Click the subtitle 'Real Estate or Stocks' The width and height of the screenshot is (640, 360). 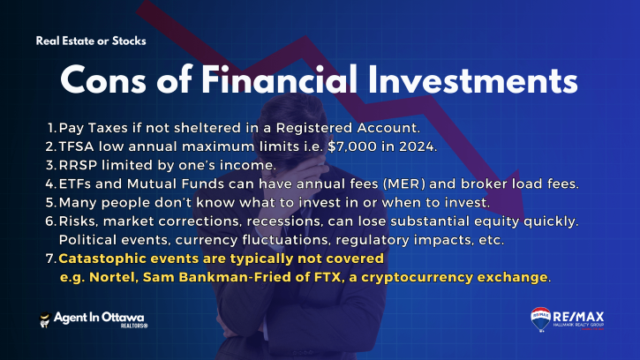coord(91,41)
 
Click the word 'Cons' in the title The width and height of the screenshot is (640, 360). coord(103,80)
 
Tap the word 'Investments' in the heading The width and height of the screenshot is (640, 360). coord(472,80)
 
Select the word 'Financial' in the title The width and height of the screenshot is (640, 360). coord(279,79)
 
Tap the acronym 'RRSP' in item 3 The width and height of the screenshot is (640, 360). coord(78,165)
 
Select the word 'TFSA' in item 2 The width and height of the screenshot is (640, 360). coord(77,146)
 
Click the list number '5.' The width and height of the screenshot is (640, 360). coord(51,202)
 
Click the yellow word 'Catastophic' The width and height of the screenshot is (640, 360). coord(102,259)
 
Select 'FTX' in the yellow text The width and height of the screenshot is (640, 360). coord(328,277)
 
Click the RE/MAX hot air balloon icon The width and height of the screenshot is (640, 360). coord(540,319)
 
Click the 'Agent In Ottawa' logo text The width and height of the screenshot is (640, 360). coord(99,318)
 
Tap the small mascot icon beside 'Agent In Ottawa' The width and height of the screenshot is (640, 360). coord(45,319)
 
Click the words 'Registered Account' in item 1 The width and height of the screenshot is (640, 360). coord(348,128)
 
